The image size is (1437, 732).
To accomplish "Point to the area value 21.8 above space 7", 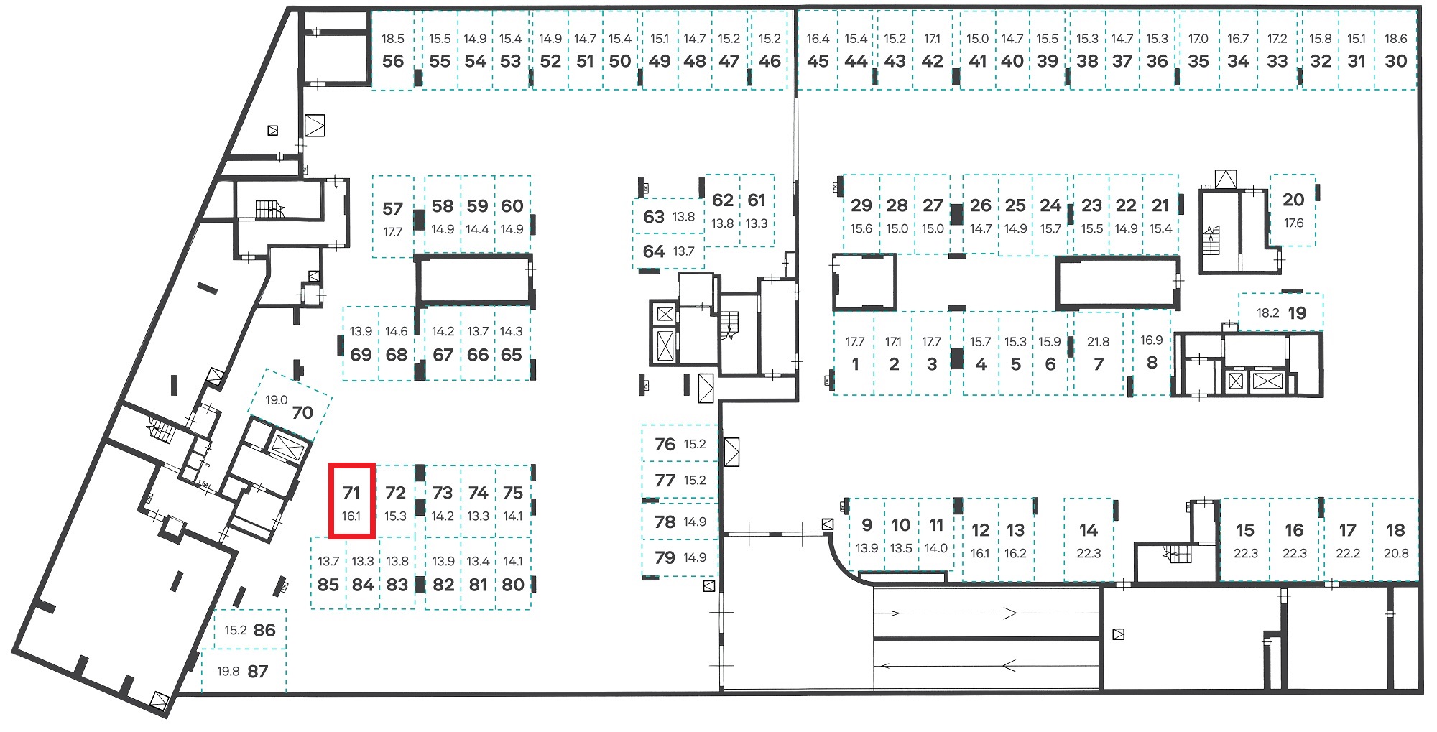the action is coord(1098,342).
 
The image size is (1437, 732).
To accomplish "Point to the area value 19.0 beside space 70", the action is coord(277,400).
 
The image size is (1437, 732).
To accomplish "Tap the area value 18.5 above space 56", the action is coord(393,39).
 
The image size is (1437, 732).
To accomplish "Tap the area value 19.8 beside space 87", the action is coord(228,672).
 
